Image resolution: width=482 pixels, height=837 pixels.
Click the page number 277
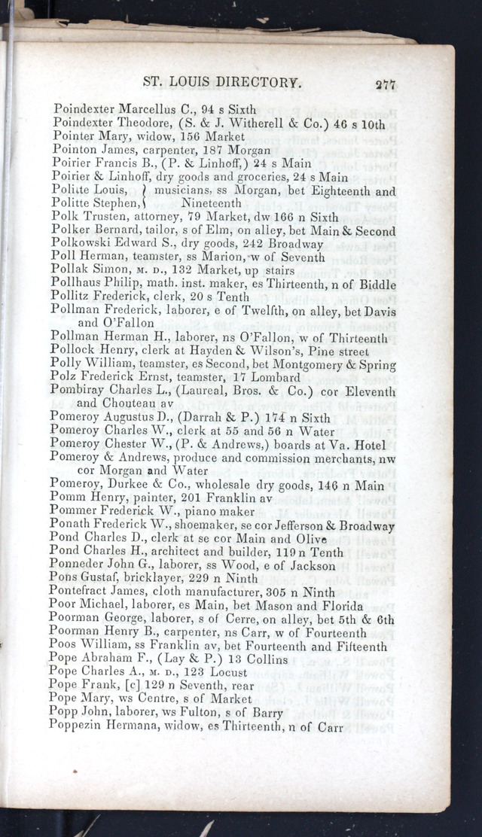click(x=385, y=84)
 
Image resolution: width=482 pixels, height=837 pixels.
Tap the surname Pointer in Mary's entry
click(x=76, y=136)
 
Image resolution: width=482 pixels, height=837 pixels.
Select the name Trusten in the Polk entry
click(x=106, y=217)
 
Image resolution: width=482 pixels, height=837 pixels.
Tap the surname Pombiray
click(x=78, y=391)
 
